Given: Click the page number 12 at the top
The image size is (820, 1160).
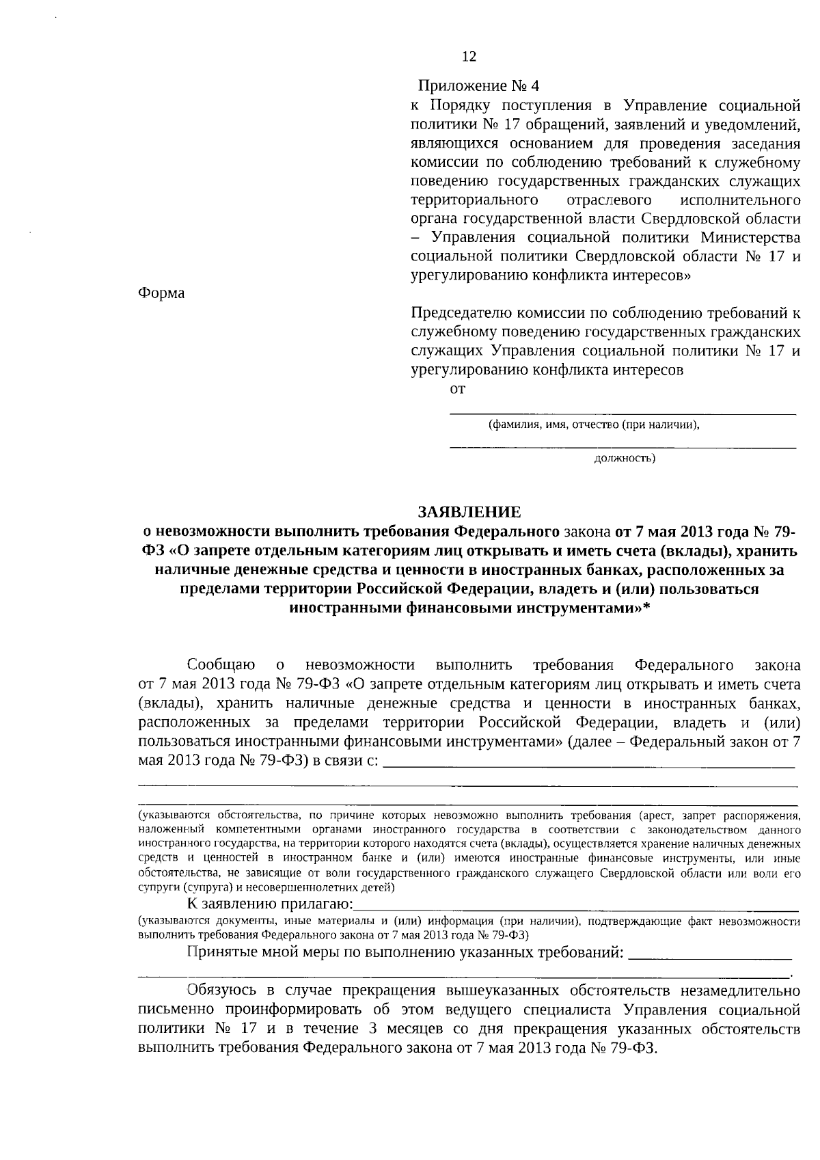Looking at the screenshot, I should (469, 57).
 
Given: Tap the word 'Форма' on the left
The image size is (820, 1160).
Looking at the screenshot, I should (161, 293).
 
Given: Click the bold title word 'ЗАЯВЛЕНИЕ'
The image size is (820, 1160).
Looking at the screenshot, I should (469, 512).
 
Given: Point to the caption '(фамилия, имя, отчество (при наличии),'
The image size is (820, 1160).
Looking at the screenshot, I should (594, 424).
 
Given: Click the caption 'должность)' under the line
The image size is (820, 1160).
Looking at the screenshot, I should (625, 458).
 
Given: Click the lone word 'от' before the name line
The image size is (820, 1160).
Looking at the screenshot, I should (457, 389).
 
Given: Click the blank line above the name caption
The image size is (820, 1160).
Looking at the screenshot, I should (622, 412).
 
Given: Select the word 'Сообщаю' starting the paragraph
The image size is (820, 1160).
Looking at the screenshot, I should (221, 665).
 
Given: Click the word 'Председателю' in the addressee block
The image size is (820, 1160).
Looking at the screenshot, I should (457, 314).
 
